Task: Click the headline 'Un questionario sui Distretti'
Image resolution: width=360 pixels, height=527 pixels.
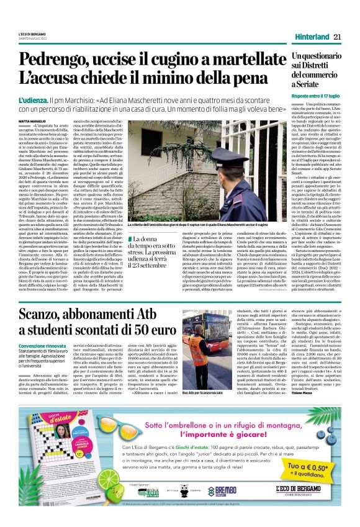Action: coord(316,70)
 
